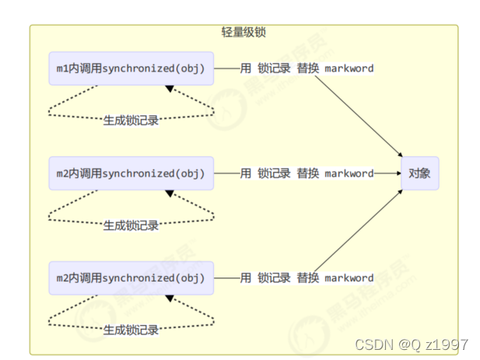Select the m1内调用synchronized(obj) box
(131, 68)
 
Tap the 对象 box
(420, 173)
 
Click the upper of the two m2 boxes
(131, 173)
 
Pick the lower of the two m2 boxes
(131, 278)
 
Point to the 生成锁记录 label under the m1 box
(131, 121)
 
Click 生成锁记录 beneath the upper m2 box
(131, 225)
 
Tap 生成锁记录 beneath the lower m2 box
(131, 330)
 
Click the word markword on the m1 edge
(349, 68)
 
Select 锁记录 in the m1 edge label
(274, 68)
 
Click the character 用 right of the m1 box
(246, 68)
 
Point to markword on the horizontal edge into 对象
(349, 173)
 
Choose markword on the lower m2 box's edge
(349, 278)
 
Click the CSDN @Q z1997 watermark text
(411, 344)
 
